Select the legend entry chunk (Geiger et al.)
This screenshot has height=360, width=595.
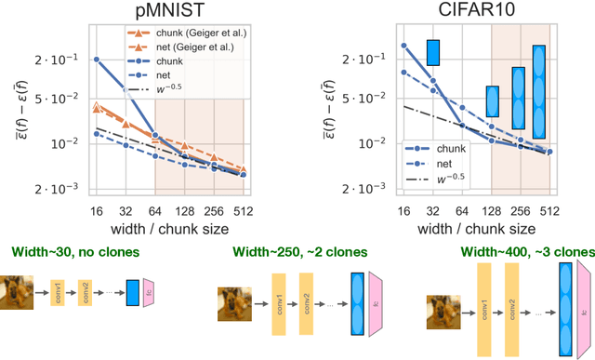tap(192, 31)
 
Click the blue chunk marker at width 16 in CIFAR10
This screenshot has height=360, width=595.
tap(403, 45)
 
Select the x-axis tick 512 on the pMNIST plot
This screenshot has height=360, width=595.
tap(245, 209)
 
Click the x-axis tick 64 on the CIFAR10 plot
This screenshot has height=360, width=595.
tap(462, 209)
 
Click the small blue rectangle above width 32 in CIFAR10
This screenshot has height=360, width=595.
tap(432, 52)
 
